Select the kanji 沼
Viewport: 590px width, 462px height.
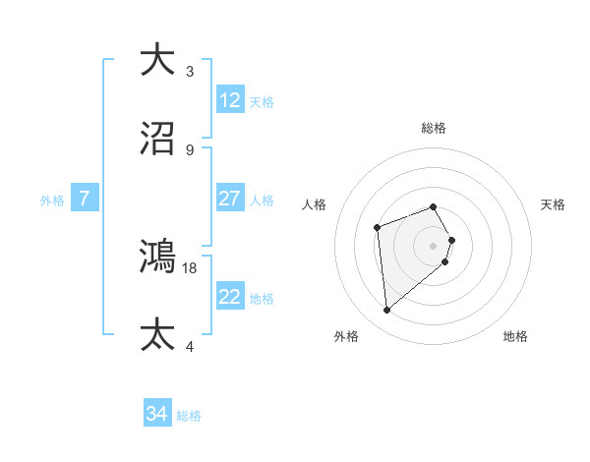158,139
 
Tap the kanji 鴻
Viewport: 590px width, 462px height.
158,257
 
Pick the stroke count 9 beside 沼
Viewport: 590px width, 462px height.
190,149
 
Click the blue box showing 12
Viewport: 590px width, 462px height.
230,100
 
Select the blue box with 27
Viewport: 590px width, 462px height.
230,199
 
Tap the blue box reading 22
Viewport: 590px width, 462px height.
230,297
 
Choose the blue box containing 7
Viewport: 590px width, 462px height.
85,199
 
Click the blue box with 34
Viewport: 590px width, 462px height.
157,414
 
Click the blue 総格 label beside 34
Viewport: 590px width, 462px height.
189,416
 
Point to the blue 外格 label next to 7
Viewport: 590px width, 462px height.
52,200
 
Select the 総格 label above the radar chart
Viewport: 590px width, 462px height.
434,128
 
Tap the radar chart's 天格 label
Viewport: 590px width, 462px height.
553,204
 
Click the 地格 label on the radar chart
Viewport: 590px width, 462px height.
515,336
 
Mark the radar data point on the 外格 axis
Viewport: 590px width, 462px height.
387,311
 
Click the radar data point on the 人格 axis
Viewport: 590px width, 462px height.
377,228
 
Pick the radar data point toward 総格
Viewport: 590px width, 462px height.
434,206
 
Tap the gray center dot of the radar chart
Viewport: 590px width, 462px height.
434,245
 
